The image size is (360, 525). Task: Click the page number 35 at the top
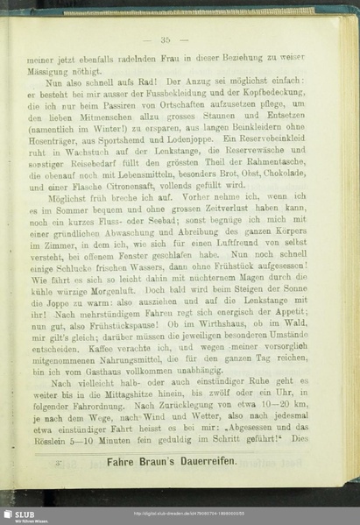[x=165, y=40]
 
